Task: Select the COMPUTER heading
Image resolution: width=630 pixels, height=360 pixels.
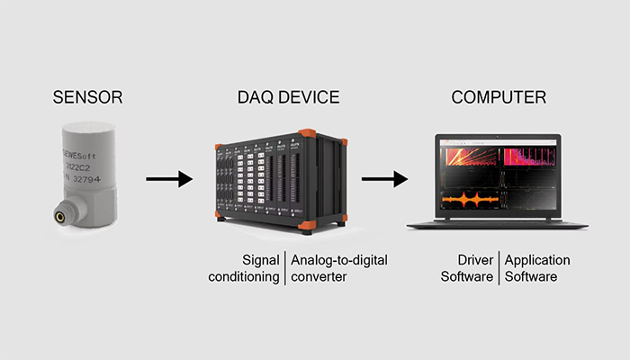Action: (499, 98)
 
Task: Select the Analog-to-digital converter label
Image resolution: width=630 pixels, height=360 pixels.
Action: (339, 268)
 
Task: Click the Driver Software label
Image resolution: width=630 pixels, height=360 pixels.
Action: (468, 268)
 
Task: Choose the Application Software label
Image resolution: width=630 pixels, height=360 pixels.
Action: (537, 268)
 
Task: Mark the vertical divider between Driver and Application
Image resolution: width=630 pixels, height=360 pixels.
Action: (499, 268)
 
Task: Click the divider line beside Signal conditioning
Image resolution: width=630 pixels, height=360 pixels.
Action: (285, 268)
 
